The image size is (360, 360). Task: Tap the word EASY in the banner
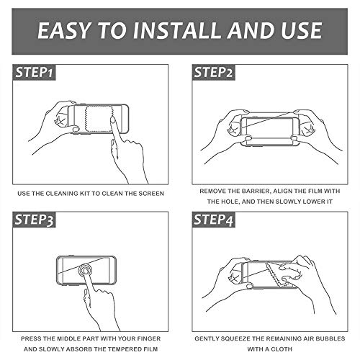click(x=63, y=30)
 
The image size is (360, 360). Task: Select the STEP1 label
click(x=34, y=72)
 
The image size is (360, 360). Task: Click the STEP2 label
click(x=213, y=72)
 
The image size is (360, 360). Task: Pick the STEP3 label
click(x=34, y=220)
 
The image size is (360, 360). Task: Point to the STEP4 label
click(x=213, y=220)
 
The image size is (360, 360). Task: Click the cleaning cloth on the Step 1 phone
click(x=99, y=118)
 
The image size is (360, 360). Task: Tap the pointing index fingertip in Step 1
click(x=112, y=120)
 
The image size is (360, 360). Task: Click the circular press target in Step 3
click(x=85, y=271)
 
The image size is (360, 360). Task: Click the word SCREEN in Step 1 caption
click(x=151, y=194)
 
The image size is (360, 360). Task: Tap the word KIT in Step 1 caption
click(x=84, y=194)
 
